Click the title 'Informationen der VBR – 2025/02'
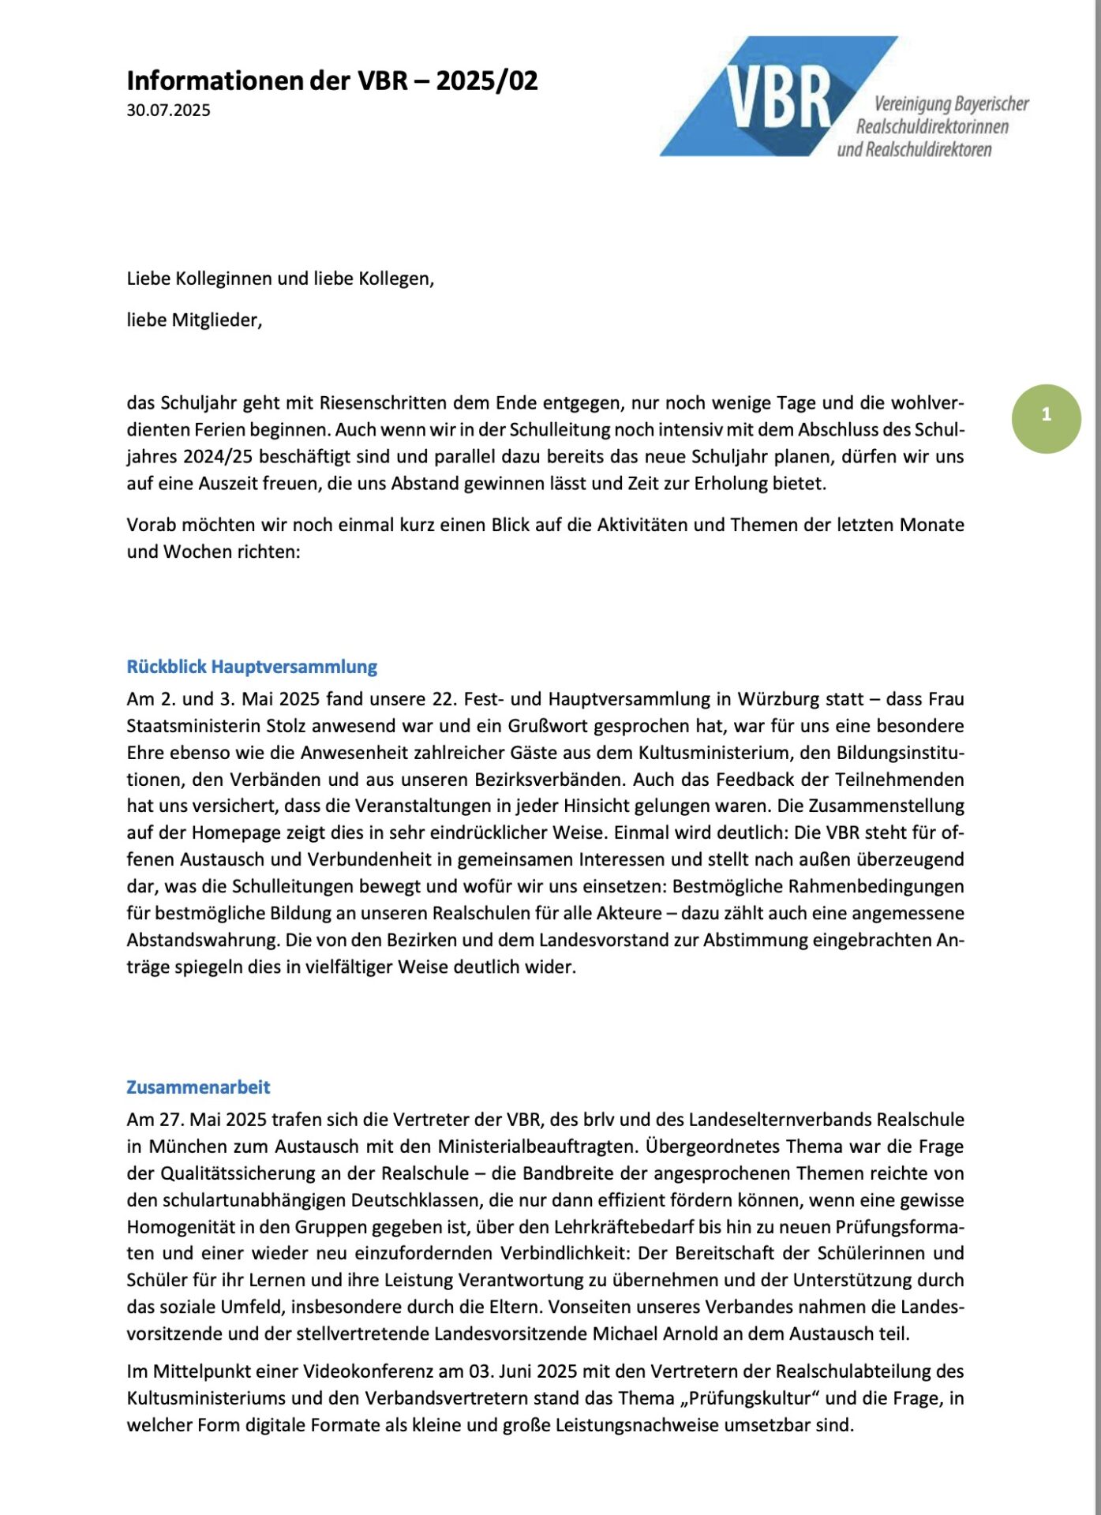tap(331, 80)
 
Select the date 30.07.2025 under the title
tap(168, 110)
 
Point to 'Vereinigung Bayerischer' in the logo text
tap(951, 103)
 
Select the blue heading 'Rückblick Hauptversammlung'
tap(252, 667)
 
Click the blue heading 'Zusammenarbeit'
tap(198, 1087)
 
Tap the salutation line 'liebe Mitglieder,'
tap(194, 320)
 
